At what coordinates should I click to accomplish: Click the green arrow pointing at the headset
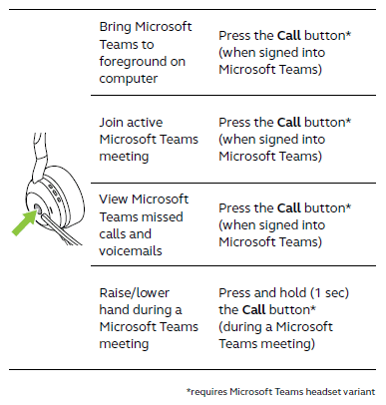coord(22,225)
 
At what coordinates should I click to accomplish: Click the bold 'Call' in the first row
coord(289,33)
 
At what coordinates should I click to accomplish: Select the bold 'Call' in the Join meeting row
coord(289,122)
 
